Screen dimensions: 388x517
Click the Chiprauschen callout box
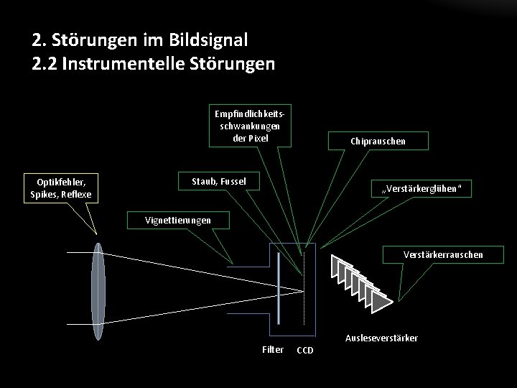tap(378, 141)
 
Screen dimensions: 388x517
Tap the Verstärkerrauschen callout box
tap(443, 254)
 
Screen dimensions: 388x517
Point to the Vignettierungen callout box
tap(178, 220)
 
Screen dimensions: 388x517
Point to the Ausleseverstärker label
tap(381, 338)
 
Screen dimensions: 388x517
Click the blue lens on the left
tap(98, 280)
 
